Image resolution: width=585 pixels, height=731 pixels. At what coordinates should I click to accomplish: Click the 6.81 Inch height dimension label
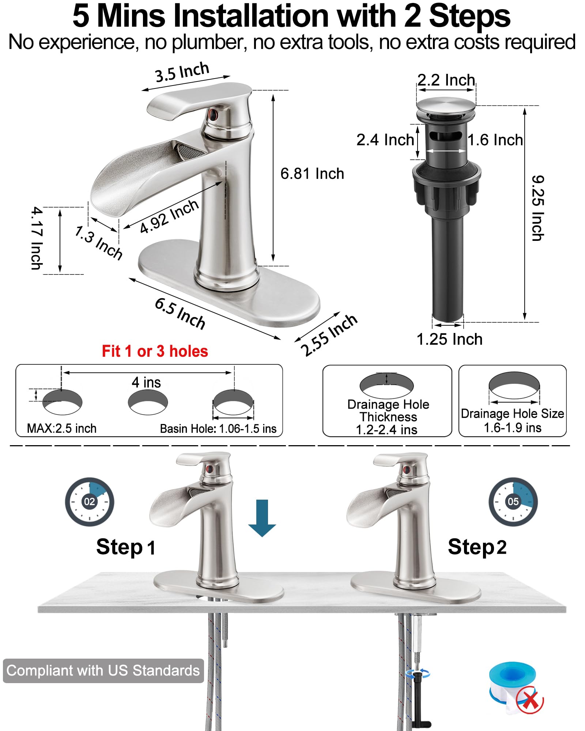(312, 174)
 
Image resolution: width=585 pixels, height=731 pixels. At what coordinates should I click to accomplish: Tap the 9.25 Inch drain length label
(537, 208)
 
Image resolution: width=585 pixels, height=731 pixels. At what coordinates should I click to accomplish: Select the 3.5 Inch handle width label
(182, 72)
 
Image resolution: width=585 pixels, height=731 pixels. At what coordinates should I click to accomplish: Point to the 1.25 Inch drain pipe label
(449, 339)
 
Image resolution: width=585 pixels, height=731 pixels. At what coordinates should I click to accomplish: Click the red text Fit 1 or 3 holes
(155, 351)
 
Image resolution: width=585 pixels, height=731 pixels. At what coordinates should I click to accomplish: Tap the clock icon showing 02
(90, 501)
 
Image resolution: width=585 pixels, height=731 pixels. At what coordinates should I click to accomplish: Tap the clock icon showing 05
(513, 501)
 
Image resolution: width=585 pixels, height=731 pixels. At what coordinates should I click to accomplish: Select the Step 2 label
(477, 547)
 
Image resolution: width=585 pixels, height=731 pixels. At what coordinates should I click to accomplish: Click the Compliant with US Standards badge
(103, 671)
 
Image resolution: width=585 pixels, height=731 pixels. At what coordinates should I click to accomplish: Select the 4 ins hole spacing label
(146, 383)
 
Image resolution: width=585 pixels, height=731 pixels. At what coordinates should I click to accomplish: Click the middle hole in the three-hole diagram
(148, 402)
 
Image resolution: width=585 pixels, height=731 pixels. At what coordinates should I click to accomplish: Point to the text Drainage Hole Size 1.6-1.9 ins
(512, 420)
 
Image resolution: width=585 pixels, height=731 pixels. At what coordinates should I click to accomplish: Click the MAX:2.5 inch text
(62, 428)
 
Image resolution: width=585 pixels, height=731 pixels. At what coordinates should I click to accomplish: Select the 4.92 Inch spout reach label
(169, 216)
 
